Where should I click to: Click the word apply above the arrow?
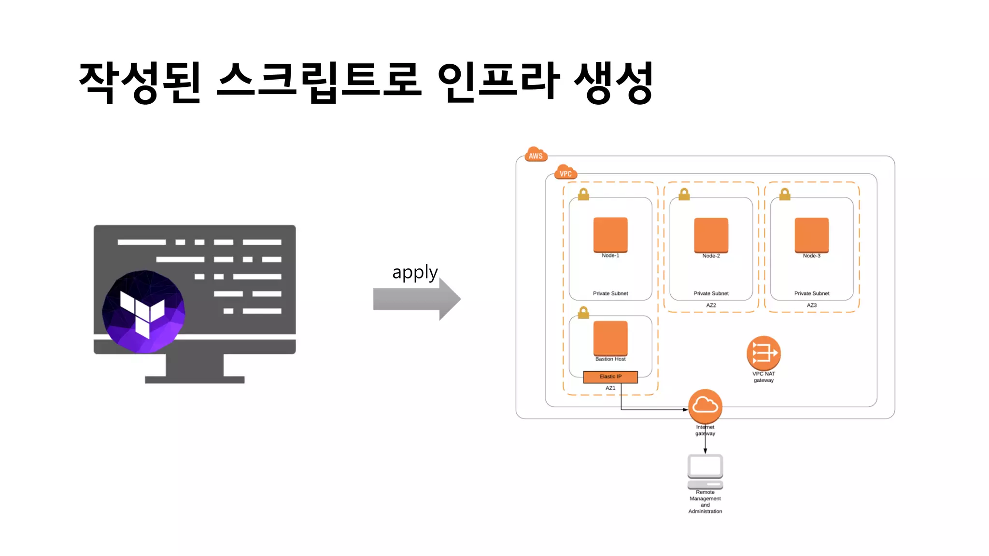(414, 273)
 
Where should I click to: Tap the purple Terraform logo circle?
(143, 311)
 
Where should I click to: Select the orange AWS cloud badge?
(536, 155)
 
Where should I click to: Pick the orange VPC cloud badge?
(565, 173)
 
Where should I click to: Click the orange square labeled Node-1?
(610, 235)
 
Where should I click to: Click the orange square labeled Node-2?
(711, 235)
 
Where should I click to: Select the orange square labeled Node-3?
(811, 235)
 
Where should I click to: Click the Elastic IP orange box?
(610, 377)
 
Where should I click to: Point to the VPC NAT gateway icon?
(763, 353)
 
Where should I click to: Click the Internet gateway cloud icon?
(705, 406)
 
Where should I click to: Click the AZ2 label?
(711, 306)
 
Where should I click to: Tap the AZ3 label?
(811, 306)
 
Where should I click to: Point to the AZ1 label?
(610, 388)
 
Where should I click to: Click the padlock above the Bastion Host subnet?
(583, 313)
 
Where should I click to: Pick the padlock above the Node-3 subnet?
(785, 195)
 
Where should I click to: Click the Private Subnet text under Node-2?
(711, 293)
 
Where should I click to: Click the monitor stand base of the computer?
(195, 379)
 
